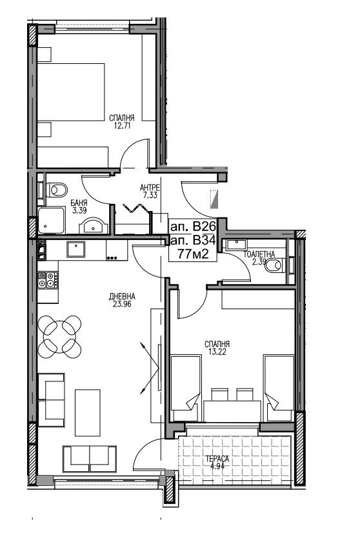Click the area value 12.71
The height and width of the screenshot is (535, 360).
coord(121,126)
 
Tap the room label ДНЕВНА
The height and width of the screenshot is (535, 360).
coord(122,296)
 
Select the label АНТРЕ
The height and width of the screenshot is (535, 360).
coord(150,187)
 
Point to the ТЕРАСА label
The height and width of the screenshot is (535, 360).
coord(217,459)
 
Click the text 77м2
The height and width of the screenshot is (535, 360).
coord(192,254)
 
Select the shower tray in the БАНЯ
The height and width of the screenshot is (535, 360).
coord(51,220)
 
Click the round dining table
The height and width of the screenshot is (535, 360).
coord(60,337)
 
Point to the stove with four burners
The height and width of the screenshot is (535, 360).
coord(48,280)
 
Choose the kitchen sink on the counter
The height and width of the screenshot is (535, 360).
coord(75,249)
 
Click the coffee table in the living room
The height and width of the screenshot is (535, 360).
coord(88,413)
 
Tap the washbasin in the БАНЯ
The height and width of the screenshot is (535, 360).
coord(94,227)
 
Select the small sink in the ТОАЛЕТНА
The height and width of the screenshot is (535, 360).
coord(235,245)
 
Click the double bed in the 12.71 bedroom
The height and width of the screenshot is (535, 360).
coord(70,92)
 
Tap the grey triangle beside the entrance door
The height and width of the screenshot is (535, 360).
coord(214,199)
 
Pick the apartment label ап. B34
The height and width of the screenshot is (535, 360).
coord(193,241)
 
